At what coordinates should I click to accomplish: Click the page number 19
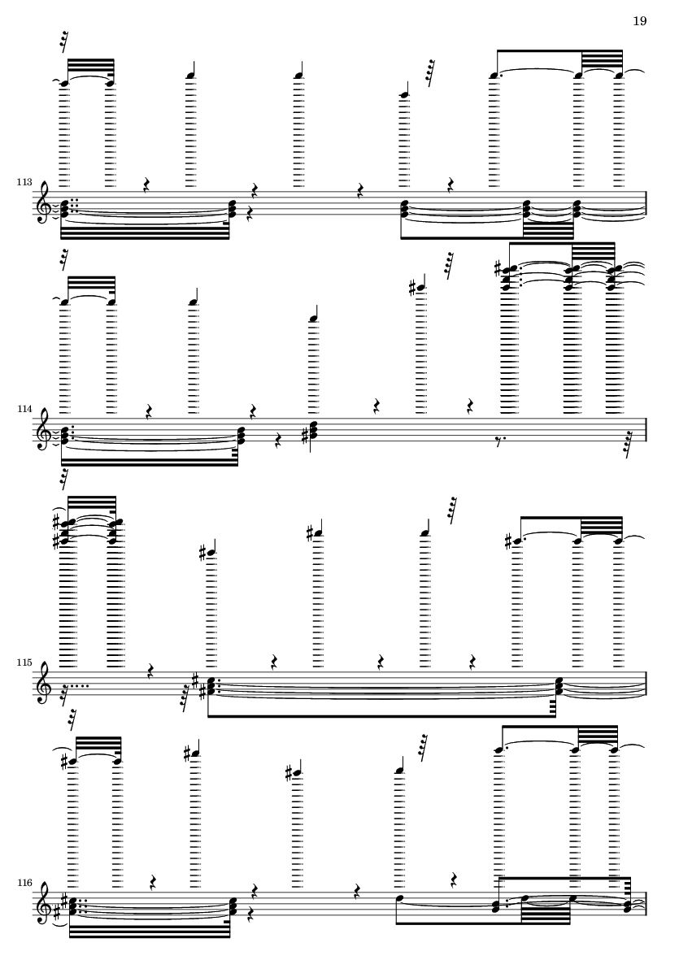639,21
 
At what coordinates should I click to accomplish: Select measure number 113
24,182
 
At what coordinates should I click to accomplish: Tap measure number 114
24,408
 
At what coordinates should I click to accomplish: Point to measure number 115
24,663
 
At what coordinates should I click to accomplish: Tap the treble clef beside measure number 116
43,904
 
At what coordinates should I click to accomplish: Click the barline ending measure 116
646,904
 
